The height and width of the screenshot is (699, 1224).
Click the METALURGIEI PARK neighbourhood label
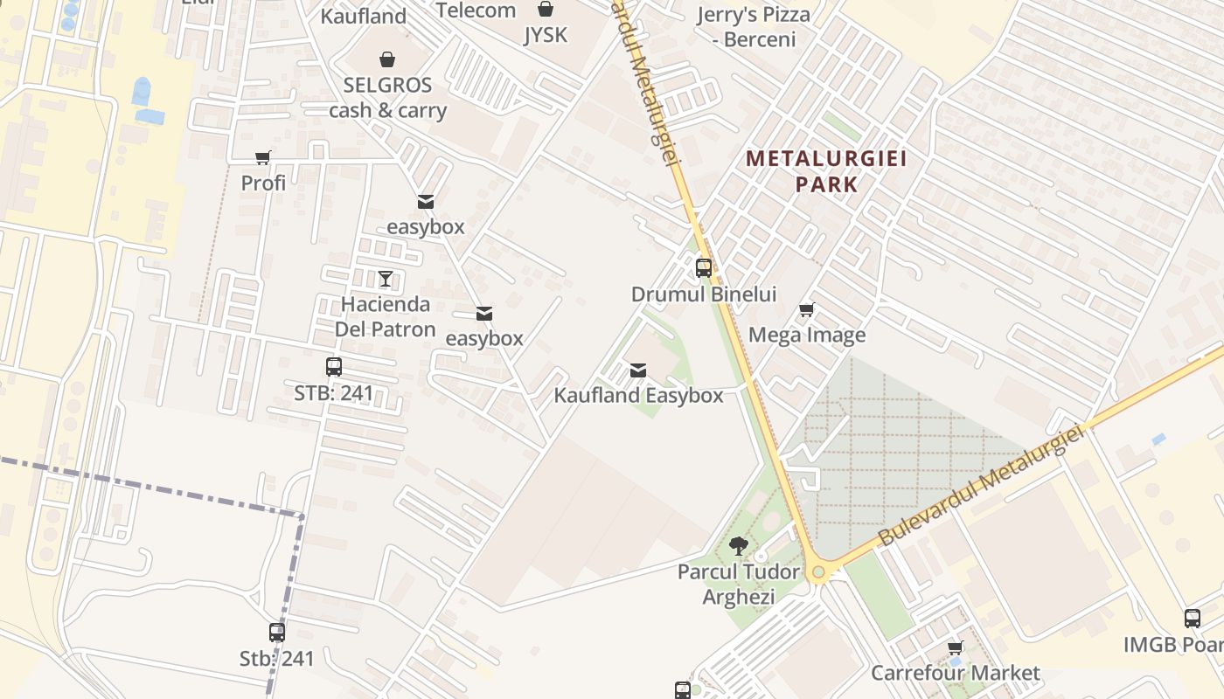[x=826, y=171]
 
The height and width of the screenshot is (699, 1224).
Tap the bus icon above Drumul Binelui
[x=704, y=268]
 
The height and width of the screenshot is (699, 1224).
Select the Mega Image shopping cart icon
[x=807, y=309]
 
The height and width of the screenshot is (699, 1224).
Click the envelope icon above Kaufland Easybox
[x=638, y=370]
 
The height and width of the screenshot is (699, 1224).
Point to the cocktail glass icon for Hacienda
[x=386, y=279]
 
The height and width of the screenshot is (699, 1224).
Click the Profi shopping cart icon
[x=263, y=157]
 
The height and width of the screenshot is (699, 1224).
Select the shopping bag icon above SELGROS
[x=387, y=59]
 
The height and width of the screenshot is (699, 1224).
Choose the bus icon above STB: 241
[x=333, y=367]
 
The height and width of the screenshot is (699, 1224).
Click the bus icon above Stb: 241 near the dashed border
[x=277, y=633]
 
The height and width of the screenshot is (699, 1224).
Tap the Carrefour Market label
[x=956, y=673]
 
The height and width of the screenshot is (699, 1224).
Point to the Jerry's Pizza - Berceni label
[x=754, y=27]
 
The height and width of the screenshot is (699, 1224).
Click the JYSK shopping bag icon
[x=546, y=10]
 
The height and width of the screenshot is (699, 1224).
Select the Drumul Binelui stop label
[x=704, y=294]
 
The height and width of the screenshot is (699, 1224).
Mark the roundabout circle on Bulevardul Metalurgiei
[x=818, y=573]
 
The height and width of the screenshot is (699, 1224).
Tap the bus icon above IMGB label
[x=1193, y=619]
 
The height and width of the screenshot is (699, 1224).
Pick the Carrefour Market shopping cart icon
[x=956, y=648]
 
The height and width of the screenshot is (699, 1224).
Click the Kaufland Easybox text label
[x=638, y=396]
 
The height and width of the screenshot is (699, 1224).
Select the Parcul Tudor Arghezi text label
[x=739, y=585]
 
